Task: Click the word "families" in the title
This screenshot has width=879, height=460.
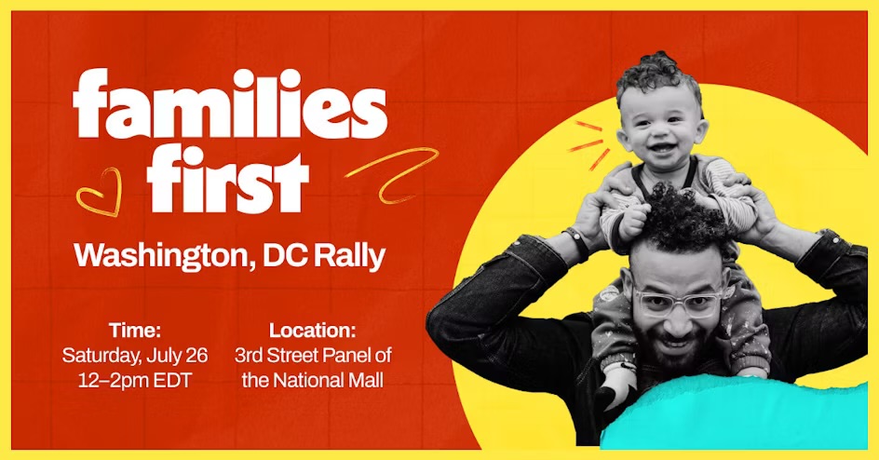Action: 230,103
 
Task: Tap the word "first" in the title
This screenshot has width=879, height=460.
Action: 228,178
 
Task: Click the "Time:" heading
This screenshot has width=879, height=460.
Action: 135,330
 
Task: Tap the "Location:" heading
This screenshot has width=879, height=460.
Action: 312,330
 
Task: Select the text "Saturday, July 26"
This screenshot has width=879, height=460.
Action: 135,355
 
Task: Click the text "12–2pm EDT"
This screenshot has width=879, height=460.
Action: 135,381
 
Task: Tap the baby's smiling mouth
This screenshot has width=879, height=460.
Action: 663,149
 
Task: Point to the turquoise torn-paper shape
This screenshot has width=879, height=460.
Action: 735,413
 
